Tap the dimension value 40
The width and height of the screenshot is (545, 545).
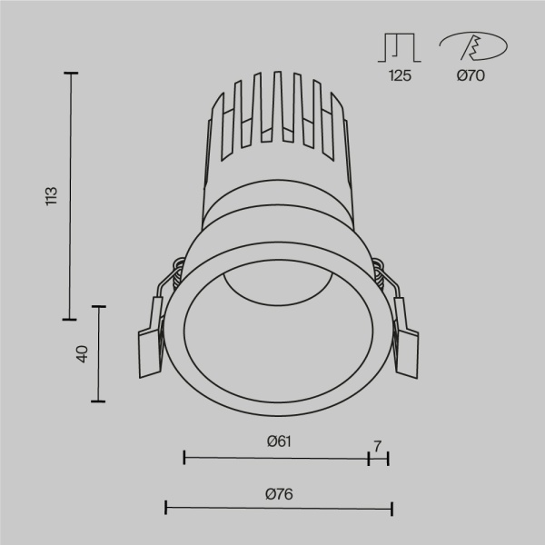[x=81, y=354]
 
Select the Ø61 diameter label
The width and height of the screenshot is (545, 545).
[x=278, y=441]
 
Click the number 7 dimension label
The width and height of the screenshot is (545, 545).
[x=378, y=445]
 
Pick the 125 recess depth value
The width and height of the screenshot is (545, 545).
[x=401, y=76]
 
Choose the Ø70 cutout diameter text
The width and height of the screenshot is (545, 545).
[x=471, y=76]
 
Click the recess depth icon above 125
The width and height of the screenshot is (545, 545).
[x=400, y=47]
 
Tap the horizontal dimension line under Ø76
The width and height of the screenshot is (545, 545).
[x=278, y=510]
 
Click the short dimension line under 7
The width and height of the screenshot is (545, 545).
[x=378, y=459]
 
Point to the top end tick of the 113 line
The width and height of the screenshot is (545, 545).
[x=70, y=73]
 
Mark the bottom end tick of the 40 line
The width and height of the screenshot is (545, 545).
[x=98, y=401]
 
